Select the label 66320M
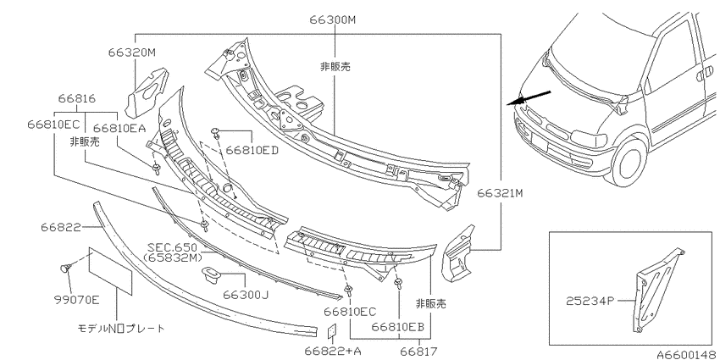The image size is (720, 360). coord(132,53)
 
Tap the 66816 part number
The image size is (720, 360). coord(77,98)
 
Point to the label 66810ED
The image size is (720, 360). coord(252,150)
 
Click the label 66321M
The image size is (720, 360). coord(500,193)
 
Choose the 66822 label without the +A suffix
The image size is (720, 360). coord(61,227)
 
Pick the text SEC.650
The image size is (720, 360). coord(172,248)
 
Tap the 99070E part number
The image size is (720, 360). coord(76,301)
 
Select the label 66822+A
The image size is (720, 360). coord(333,352)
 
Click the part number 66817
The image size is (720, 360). coord(418,352)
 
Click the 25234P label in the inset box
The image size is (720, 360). coord(590,302)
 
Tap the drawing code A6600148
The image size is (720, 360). coord(687,354)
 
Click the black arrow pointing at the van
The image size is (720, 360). coord(529,97)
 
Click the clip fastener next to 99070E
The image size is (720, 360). coord(65,269)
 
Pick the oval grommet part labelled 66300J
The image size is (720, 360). coord(212,274)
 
